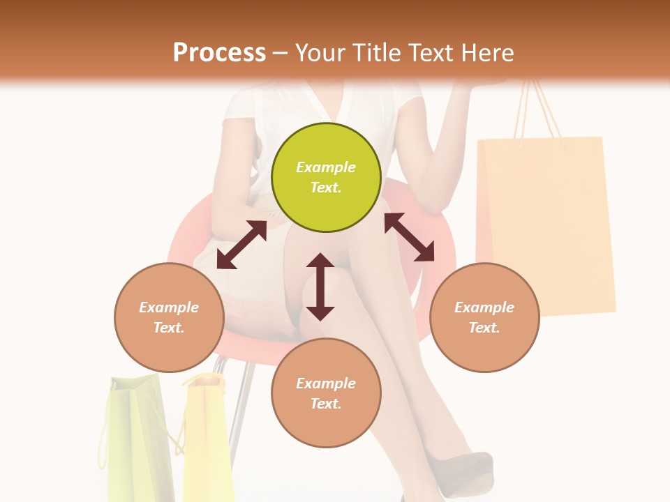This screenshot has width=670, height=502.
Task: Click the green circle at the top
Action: tap(326, 177)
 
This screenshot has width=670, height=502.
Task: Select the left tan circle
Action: tap(169, 317)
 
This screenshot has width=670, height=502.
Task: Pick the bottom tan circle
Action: tap(326, 393)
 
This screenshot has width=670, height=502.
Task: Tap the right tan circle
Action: tap(484, 317)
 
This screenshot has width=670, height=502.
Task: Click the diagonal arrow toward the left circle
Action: tap(241, 245)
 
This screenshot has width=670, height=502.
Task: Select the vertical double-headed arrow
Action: tap(320, 287)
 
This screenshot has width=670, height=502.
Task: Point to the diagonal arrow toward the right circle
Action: tap(410, 237)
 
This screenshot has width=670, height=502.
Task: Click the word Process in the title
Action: tap(219, 52)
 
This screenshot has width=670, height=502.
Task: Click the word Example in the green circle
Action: tap(326, 167)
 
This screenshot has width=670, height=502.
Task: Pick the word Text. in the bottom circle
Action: tap(326, 404)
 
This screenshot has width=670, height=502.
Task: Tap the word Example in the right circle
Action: tap(484, 307)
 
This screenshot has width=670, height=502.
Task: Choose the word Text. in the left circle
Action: tap(169, 328)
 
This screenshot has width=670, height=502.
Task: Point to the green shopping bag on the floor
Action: tap(136, 439)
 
